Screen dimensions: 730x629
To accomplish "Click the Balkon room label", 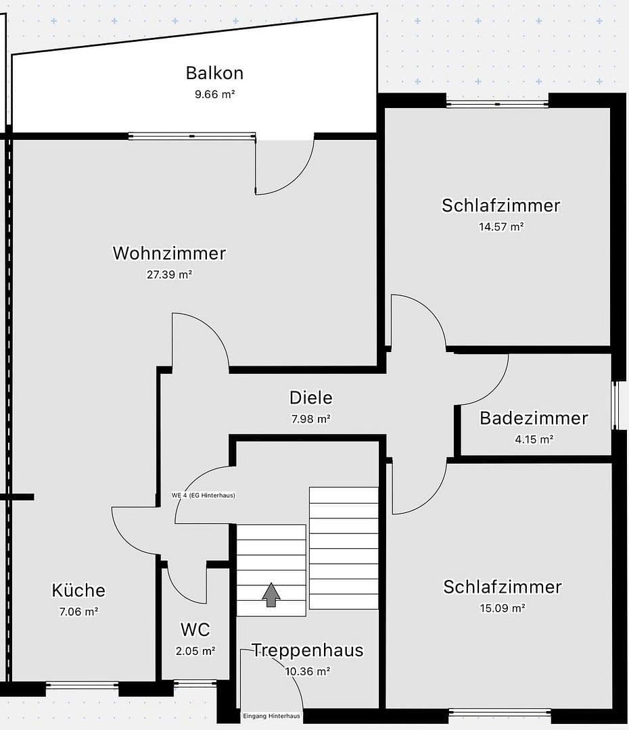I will (214, 73).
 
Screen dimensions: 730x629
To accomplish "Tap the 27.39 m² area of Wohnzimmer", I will (169, 274).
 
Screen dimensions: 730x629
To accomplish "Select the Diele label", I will (311, 397).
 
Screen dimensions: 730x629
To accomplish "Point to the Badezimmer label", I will (534, 418).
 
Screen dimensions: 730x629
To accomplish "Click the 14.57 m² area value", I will (501, 227).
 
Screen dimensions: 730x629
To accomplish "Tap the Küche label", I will (78, 590).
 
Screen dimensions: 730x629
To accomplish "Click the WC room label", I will (195, 630).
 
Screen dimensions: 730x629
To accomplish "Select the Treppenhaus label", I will (308, 650).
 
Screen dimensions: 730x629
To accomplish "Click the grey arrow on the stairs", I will (271, 595).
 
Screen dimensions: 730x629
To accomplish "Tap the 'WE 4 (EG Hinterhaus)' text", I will (204, 495).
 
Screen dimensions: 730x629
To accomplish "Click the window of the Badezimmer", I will (615, 406).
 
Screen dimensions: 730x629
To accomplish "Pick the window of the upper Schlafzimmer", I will (497, 103).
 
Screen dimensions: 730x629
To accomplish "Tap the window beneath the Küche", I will (82, 685).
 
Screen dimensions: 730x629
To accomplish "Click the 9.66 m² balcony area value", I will (214, 95).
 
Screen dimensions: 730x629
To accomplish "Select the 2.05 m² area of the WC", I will (195, 652).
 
